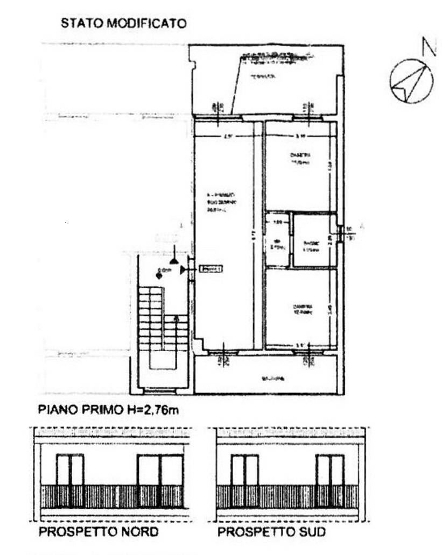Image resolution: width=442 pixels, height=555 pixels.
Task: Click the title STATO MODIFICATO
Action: (123, 24)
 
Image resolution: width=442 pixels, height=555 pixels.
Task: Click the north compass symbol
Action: (411, 81)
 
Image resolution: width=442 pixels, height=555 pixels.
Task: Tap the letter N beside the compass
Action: (429, 47)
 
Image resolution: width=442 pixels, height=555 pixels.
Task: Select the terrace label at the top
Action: (263, 77)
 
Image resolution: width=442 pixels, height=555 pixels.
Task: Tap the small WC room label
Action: (277, 244)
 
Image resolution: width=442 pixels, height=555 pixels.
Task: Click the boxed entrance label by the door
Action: (211, 269)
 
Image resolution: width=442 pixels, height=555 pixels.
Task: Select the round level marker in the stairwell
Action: (159, 275)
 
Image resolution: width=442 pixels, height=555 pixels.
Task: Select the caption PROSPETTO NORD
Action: (99, 532)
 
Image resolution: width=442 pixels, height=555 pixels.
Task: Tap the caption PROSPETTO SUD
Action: (271, 532)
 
